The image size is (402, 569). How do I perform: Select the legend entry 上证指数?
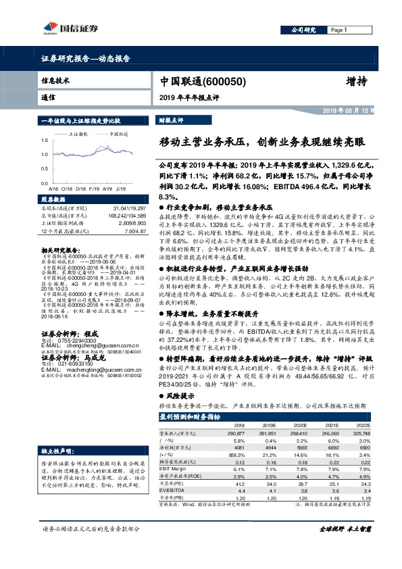(x=79, y=134)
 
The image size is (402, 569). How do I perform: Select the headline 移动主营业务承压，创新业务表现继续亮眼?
(x=262, y=143)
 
